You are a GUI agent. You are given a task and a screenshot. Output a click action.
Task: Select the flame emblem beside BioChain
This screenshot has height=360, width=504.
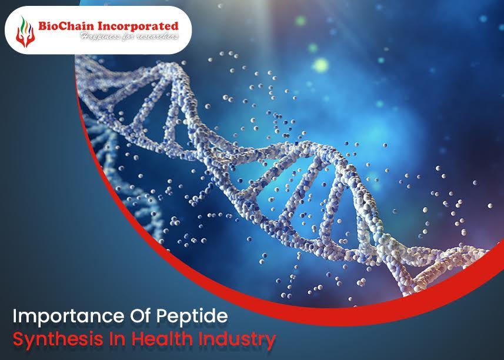(25, 32)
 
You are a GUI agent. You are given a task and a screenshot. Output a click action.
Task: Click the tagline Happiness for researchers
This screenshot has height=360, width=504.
(129, 36)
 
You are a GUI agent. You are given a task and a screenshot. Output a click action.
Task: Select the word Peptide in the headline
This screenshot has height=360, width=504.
(192, 316)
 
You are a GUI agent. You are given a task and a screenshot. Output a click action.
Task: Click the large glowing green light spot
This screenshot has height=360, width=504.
(321, 65)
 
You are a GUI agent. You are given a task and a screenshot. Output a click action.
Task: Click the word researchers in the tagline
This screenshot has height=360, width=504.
(157, 36)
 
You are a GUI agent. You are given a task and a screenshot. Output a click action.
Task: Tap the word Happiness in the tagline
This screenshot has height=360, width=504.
(100, 36)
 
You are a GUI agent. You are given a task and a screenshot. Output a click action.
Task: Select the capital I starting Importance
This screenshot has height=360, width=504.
(15, 316)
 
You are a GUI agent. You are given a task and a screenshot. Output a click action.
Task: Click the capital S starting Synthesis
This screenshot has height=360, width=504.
(18, 339)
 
